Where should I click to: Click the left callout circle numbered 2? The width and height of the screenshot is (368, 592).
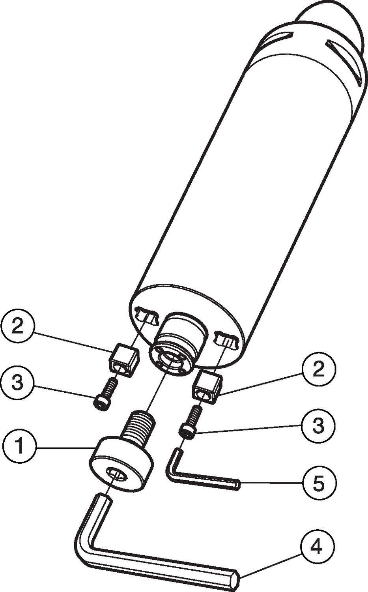pos(18,327)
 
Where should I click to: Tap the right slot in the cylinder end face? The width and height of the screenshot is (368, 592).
pos(226,340)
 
